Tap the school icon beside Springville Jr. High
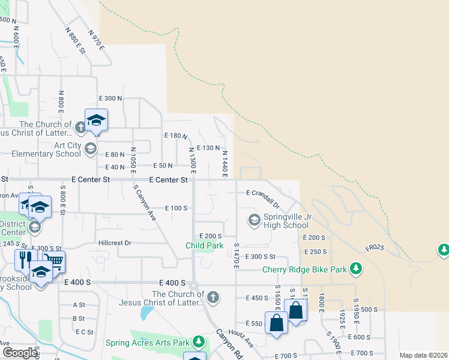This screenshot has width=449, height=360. [x=255, y=221]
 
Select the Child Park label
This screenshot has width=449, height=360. [x=204, y=245]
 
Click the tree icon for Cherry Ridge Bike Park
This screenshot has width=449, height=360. [x=356, y=268]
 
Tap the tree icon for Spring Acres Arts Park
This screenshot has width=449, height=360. [x=199, y=343]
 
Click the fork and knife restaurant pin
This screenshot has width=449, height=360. [x=25, y=260]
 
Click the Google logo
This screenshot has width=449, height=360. [x=20, y=353]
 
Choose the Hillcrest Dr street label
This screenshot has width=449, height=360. [x=114, y=243]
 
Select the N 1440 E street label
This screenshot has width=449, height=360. [x=224, y=164]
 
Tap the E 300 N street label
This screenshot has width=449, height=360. [x=110, y=98]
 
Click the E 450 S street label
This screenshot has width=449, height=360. [x=256, y=298]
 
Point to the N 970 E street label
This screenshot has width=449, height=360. [x=96, y=39]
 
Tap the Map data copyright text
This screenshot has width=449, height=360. [x=423, y=355]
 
